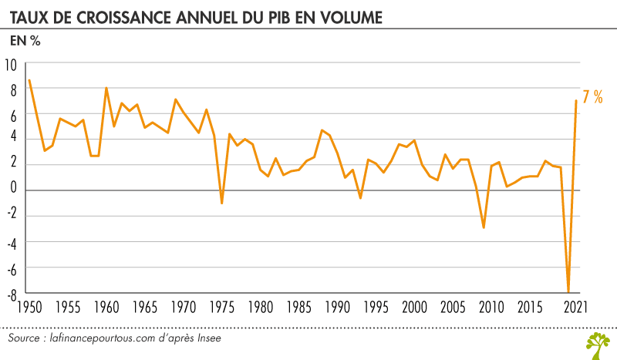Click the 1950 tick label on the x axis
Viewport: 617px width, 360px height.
point(29,308)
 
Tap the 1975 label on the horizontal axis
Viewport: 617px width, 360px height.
point(221,308)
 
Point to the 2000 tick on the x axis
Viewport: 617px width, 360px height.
point(415,308)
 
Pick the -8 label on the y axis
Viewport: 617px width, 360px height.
point(12,292)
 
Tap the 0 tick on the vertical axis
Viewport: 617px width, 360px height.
point(13,190)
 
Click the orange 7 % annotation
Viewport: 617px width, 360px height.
point(592,97)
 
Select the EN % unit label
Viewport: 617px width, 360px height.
point(24,40)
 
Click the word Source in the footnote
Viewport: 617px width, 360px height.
point(25,339)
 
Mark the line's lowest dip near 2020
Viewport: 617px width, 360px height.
point(568,291)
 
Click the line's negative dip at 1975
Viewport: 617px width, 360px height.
point(221,204)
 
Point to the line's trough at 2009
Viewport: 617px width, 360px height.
point(484,227)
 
